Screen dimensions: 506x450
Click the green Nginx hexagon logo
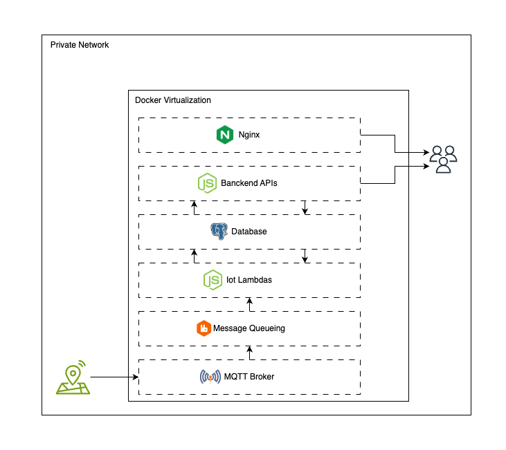pos(224,135)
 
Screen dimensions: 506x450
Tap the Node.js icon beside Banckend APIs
pos(207,183)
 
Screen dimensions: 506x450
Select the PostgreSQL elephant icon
pos(219,231)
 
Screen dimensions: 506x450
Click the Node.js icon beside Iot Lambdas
pos(213,280)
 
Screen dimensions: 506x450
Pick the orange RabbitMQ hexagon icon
pos(204,328)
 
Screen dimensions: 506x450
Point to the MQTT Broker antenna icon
pos(210,377)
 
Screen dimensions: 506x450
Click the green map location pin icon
pos(73,377)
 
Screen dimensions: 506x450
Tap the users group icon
pos(443,160)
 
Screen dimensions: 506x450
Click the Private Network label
pos(80,45)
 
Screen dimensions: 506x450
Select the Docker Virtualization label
pos(173,100)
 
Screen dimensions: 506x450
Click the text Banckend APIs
pos(249,183)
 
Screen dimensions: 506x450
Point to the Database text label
pos(249,232)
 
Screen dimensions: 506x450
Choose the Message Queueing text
pos(249,328)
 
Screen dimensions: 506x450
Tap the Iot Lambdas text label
pos(249,280)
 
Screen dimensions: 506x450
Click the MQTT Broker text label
pos(249,377)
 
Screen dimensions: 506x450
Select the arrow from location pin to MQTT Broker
pos(114,377)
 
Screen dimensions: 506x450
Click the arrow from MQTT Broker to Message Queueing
pos(249,353)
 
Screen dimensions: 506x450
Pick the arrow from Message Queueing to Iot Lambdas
pos(249,305)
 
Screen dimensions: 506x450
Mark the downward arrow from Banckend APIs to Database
pos(305,207)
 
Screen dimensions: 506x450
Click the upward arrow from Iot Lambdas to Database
pos(194,256)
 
